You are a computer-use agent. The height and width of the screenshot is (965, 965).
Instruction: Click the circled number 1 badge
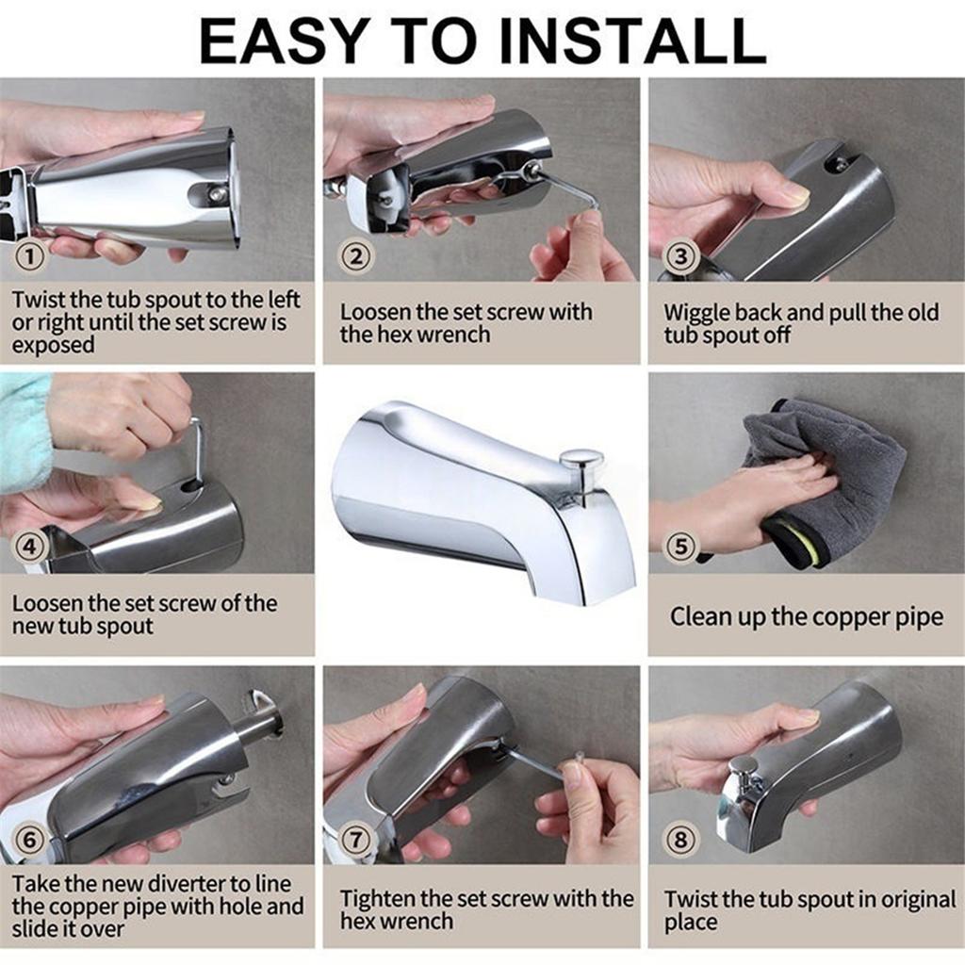pos(33,255)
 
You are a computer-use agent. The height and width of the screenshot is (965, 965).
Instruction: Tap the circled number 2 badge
pos(357,255)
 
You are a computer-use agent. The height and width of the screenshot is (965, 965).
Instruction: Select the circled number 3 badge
pos(681,255)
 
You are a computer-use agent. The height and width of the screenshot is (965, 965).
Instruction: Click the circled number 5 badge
pos(681,547)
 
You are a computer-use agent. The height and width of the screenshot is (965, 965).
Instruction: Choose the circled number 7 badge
pos(357,839)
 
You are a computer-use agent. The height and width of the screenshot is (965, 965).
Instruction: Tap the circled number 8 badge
pos(681,839)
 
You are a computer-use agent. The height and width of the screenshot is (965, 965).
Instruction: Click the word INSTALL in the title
pos(632,41)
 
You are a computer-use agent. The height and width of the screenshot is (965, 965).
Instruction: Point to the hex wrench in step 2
pos(565,188)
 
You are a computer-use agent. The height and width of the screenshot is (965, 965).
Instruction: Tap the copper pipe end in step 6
pos(261,712)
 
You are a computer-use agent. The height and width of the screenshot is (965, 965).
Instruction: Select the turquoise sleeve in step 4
pos(24,429)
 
